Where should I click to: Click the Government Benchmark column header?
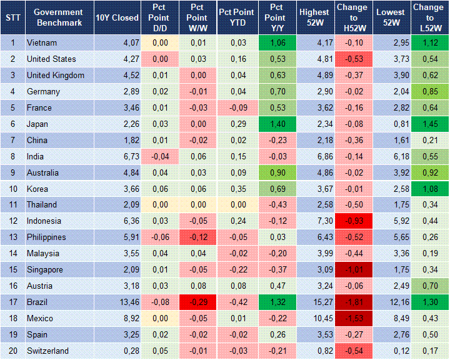pos(58,17)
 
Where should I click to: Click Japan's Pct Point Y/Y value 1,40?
pos(274,124)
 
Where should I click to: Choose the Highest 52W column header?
pos(314,17)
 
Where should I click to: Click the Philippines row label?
pos(46,237)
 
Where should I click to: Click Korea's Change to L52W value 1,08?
pos(429,189)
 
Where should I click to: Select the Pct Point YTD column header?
pos(236,17)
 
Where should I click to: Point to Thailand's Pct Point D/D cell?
pos(160,205)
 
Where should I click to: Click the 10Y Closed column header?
pos(117,17)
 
